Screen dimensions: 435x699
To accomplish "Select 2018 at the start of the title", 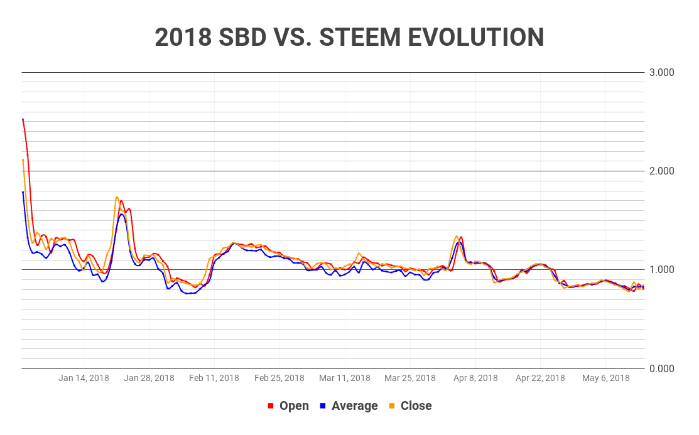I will point(183,38).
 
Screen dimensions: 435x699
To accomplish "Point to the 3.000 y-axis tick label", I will point(661,72).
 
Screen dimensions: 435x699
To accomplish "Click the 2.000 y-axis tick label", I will point(661,171).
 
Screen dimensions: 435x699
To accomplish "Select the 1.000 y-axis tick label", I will point(661,269).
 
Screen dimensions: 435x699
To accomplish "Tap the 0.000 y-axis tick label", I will point(661,368).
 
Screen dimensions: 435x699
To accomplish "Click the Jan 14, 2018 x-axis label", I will point(84,378).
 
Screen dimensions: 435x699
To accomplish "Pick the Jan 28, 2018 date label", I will point(149,378).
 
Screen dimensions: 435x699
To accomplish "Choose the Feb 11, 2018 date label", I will point(214,378).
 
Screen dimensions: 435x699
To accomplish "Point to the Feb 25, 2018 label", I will point(279,378).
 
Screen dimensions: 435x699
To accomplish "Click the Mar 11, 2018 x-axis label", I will point(345,378).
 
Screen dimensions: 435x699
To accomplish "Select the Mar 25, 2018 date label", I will point(410,378).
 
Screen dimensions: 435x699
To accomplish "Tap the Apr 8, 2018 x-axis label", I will point(475,378).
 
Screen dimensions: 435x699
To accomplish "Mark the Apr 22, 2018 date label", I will point(540,378).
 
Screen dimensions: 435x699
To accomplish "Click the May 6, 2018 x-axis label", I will point(605,378).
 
